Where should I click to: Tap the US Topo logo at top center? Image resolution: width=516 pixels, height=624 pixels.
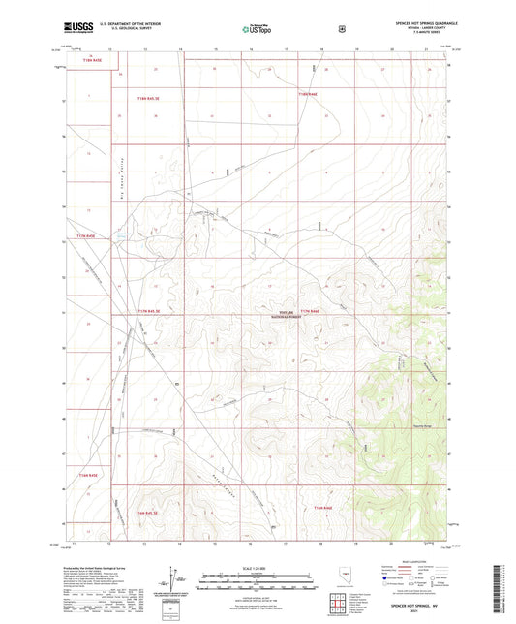click(257, 29)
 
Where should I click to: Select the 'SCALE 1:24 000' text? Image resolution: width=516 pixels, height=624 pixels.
click(257, 569)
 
